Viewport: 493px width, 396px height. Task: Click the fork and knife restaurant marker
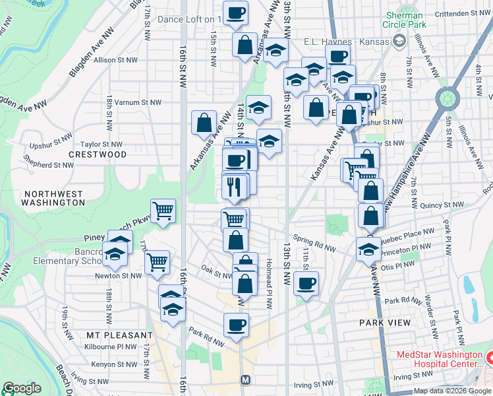(x=234, y=187)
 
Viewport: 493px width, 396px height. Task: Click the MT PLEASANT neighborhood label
(x=111, y=335)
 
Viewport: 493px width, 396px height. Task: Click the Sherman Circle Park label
(x=405, y=20)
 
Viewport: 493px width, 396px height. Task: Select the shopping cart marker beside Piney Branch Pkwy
(x=163, y=212)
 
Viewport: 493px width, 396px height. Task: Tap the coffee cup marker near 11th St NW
(x=306, y=284)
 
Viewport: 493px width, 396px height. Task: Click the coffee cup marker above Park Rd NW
(x=236, y=325)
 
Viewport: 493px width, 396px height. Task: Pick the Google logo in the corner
(x=22, y=388)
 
